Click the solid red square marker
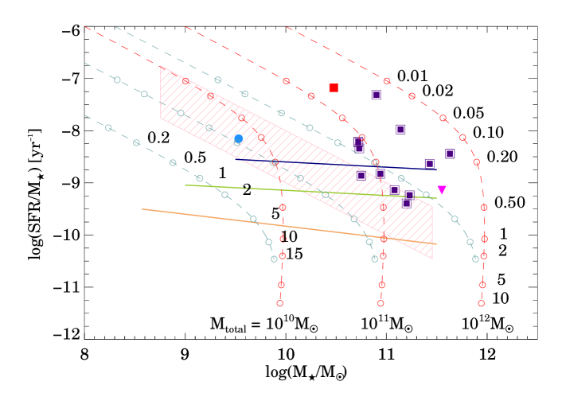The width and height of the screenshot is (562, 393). [x=334, y=88]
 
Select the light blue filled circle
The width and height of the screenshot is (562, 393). [x=238, y=138]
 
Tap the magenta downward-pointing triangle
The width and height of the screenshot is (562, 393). [x=442, y=190]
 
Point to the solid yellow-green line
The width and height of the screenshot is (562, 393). [x=310, y=191]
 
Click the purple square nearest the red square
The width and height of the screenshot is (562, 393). [x=376, y=95]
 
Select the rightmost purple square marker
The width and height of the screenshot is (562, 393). [x=450, y=154]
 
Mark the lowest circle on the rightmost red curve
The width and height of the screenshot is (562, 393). [x=481, y=303]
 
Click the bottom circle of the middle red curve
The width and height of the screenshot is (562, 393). [x=381, y=303]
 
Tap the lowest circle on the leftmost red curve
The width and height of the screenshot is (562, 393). [x=279, y=303]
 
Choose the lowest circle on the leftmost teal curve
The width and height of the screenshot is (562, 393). [x=274, y=259]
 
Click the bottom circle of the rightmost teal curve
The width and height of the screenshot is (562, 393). [x=475, y=259]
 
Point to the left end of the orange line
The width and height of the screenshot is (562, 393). [x=142, y=209]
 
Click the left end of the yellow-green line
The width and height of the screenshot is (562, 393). [x=185, y=185]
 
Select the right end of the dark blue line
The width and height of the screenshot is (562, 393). [x=436, y=169]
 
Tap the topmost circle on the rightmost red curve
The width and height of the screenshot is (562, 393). [x=387, y=80]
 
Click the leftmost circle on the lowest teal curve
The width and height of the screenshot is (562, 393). [x=109, y=127]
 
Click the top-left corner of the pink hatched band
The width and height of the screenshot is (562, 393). [x=161, y=66]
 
